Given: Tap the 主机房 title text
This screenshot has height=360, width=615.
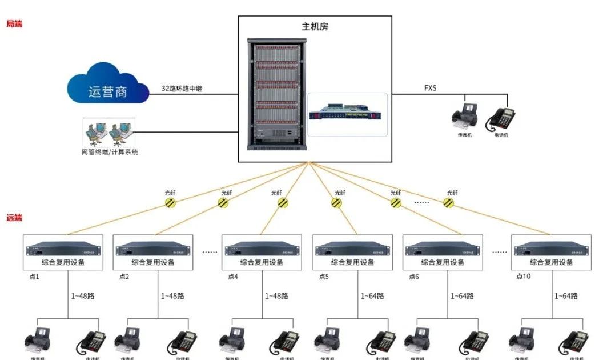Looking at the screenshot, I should click(x=315, y=27).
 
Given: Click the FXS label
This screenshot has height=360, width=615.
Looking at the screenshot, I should click(x=432, y=88).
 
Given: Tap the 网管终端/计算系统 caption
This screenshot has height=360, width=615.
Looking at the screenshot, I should click(x=110, y=152).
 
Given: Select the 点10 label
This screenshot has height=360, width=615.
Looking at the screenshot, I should click(x=524, y=277).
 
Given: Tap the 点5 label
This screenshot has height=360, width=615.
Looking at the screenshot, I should click(x=324, y=277).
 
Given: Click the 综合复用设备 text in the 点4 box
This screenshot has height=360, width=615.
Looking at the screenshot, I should click(x=262, y=262).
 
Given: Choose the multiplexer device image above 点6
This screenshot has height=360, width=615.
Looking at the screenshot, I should click(x=443, y=249).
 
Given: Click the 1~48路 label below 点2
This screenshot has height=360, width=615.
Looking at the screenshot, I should click(x=172, y=296).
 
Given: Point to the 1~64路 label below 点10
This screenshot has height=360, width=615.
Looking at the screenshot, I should click(x=566, y=296).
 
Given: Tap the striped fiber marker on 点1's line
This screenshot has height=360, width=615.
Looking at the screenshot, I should click(x=170, y=202).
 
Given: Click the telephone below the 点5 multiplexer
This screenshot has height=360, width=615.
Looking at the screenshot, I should click(x=381, y=342).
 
